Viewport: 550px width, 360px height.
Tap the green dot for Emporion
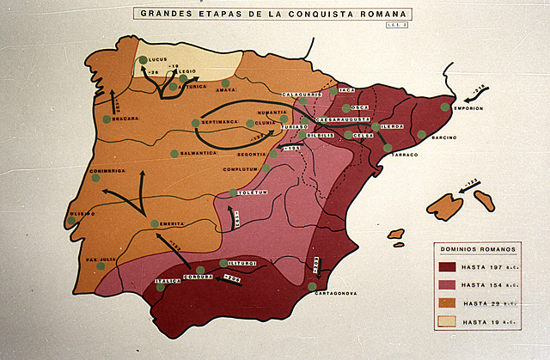pyautogui.click(x=445, y=107)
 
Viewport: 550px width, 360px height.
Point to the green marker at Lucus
pyautogui.click(x=143, y=60)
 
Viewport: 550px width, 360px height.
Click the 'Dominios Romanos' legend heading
pyautogui.click(x=479, y=249)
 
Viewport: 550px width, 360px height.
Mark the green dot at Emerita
pyautogui.click(x=155, y=224)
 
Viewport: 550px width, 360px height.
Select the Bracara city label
pyautogui.click(x=125, y=119)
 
